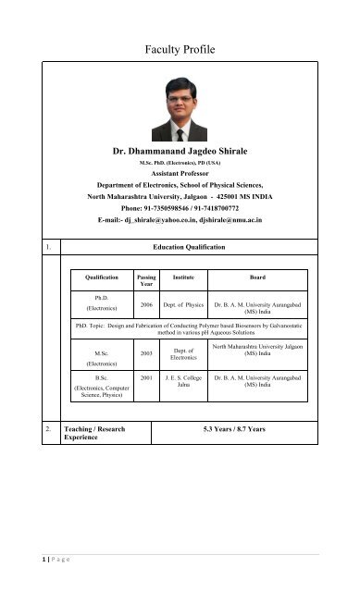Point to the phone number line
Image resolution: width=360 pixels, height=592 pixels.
[x=180, y=209]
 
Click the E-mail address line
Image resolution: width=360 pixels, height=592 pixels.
[x=180, y=222]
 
